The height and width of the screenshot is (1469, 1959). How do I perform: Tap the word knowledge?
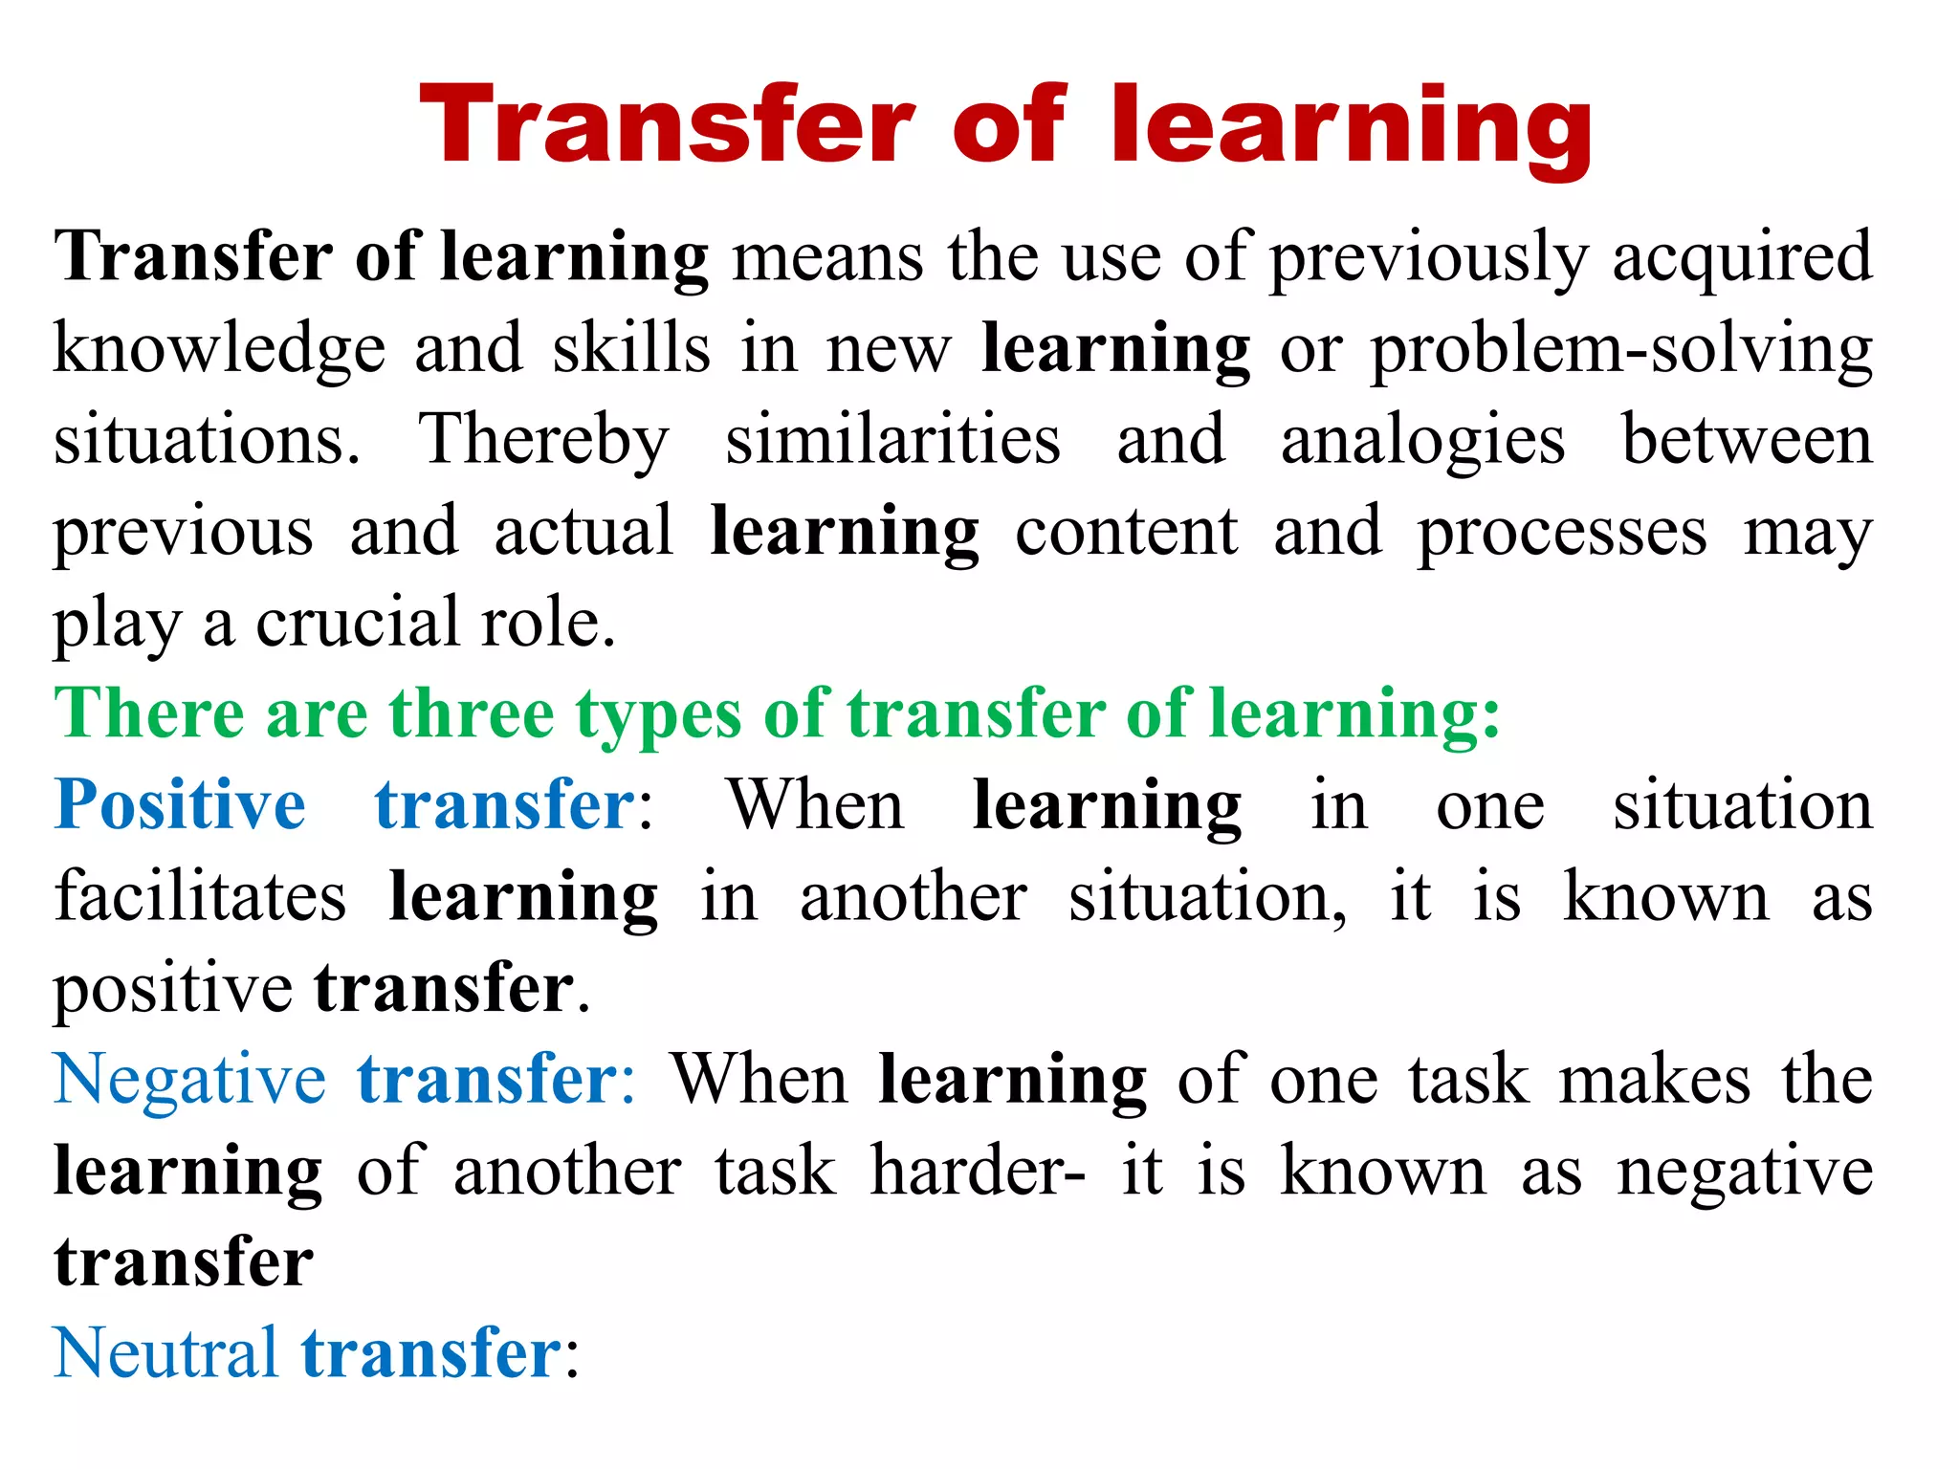(x=219, y=350)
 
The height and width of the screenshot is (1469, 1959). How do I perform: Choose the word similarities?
(x=892, y=440)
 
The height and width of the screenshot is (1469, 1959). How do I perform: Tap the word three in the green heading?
(x=471, y=713)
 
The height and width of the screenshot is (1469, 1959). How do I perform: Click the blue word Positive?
(x=181, y=805)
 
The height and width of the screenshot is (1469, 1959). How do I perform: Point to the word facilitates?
(x=200, y=897)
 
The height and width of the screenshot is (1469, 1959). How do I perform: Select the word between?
(x=1747, y=440)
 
